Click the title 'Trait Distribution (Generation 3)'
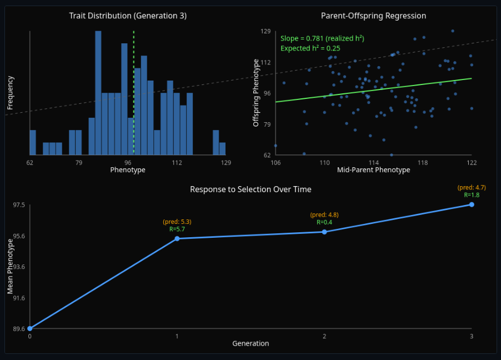tap(128, 16)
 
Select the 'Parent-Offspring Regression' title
tap(373, 16)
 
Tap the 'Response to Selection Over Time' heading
tap(250, 189)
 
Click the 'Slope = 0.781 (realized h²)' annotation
tap(322, 38)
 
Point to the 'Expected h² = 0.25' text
tap(310, 48)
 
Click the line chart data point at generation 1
tap(177, 238)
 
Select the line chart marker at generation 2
tap(324, 232)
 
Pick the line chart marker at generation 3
tap(472, 204)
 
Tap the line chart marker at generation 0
tap(30, 328)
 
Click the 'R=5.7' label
tap(177, 229)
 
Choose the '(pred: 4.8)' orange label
tap(324, 215)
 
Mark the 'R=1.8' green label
tap(472, 195)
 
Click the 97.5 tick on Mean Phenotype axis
tap(19, 205)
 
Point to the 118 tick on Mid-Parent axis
tap(423, 163)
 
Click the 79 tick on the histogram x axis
tap(79, 163)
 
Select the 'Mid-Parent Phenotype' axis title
tap(373, 170)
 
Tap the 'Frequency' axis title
tap(11, 93)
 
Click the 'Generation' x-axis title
tap(250, 343)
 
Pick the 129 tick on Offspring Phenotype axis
tap(265, 31)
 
